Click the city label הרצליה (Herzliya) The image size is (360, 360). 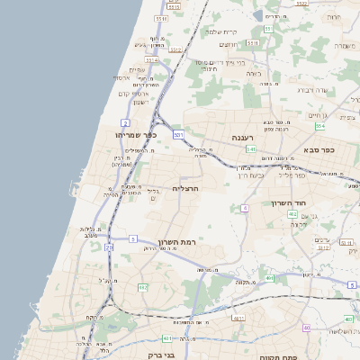(184, 189)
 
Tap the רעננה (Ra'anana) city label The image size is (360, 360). (245, 138)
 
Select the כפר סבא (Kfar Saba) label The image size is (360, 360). (319, 149)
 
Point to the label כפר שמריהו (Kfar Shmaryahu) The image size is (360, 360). (137, 135)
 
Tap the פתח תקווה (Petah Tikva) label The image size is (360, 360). (279, 356)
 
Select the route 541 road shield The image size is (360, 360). (252, 149)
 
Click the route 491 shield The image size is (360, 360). (271, 278)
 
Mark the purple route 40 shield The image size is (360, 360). (307, 328)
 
